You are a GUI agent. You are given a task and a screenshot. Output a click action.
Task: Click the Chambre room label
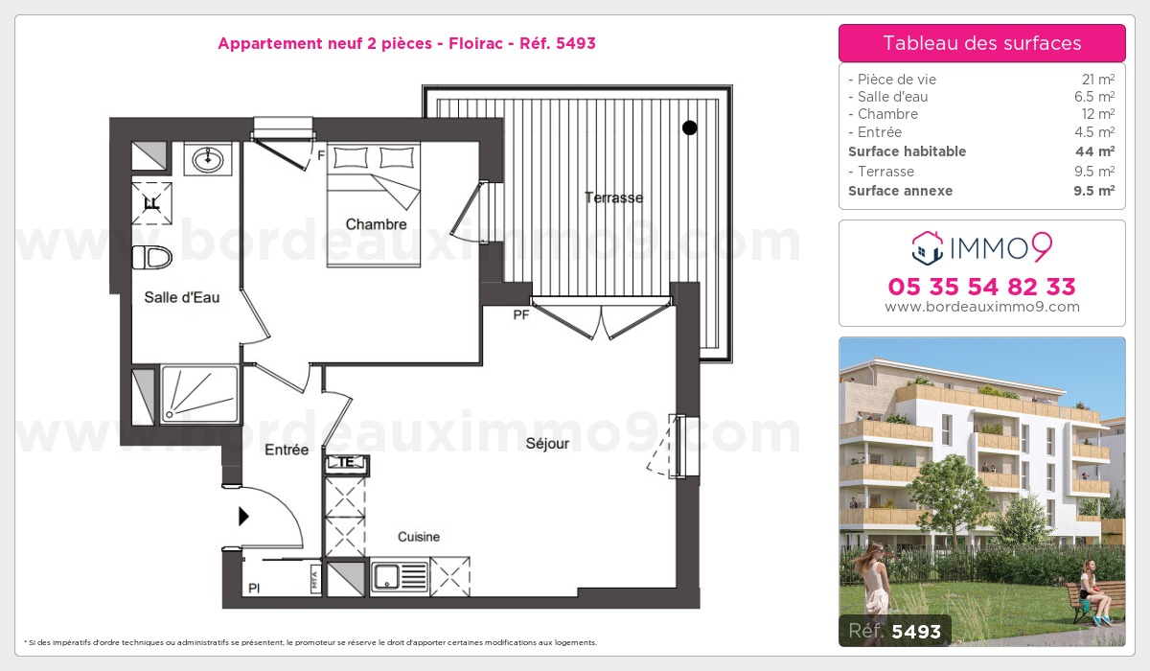click(x=376, y=224)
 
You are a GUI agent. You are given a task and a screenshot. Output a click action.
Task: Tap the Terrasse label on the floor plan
click(x=613, y=197)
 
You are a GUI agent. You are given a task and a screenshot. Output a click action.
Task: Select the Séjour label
click(x=547, y=444)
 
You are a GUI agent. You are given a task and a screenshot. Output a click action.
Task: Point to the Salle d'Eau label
click(x=182, y=297)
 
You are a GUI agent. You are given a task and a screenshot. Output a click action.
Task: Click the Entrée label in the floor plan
click(x=287, y=450)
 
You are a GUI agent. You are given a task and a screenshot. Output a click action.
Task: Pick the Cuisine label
click(x=419, y=537)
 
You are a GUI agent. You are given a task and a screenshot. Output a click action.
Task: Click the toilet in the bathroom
click(x=152, y=257)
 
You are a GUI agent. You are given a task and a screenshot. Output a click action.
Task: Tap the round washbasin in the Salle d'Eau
click(x=208, y=160)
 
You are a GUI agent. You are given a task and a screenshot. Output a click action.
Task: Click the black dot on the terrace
click(x=689, y=127)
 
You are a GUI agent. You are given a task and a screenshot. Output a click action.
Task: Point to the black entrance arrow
click(x=243, y=517)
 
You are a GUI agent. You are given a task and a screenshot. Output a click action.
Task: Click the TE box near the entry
click(x=347, y=463)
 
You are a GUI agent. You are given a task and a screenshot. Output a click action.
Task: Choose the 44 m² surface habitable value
click(x=1094, y=151)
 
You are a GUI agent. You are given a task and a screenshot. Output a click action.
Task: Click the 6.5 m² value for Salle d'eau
click(x=1094, y=97)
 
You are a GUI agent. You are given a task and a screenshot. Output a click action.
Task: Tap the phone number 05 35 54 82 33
click(x=981, y=287)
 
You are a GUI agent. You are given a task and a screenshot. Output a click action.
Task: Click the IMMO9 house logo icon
click(x=928, y=248)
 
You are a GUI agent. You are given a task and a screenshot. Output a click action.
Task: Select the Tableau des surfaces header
click(x=981, y=43)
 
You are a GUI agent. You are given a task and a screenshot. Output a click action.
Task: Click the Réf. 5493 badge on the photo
click(x=895, y=631)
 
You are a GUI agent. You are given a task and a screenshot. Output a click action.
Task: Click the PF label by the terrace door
click(x=520, y=314)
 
